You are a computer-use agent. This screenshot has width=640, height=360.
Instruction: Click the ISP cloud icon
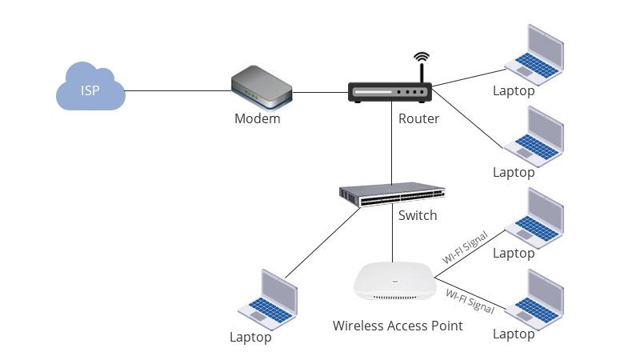90,88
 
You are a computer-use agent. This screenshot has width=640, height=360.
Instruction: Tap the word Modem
257,119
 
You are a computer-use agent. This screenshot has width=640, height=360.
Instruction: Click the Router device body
390,93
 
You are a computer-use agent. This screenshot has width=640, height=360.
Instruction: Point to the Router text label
418,119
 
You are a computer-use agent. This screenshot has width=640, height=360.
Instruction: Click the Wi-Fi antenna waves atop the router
422,61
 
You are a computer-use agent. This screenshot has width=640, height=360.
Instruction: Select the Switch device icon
391,195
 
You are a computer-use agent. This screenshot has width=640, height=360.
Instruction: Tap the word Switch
418,215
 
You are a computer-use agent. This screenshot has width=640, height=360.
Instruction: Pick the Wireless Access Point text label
398,326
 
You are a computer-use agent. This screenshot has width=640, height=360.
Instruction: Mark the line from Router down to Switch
391,144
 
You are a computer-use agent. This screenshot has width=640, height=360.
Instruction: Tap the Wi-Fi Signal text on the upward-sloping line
465,247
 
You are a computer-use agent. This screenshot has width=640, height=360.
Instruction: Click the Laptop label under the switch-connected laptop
250,338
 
